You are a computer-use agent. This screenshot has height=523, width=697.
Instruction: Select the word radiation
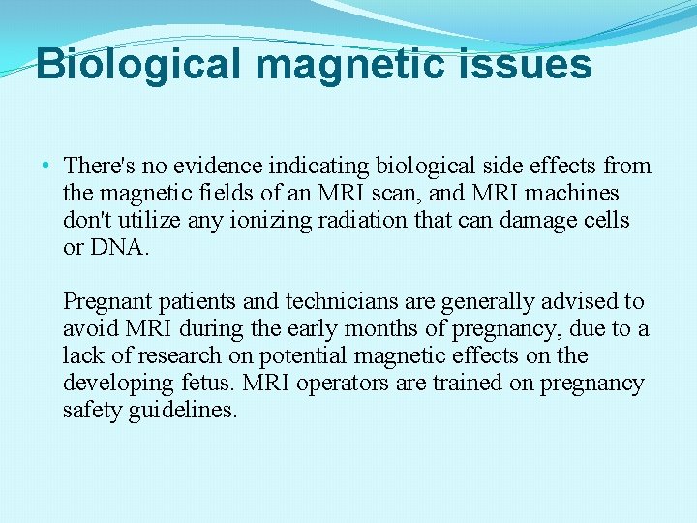[351, 221]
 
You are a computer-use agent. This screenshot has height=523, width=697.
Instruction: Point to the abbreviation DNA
[119, 248]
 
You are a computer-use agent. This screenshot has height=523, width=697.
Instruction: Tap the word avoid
[87, 329]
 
